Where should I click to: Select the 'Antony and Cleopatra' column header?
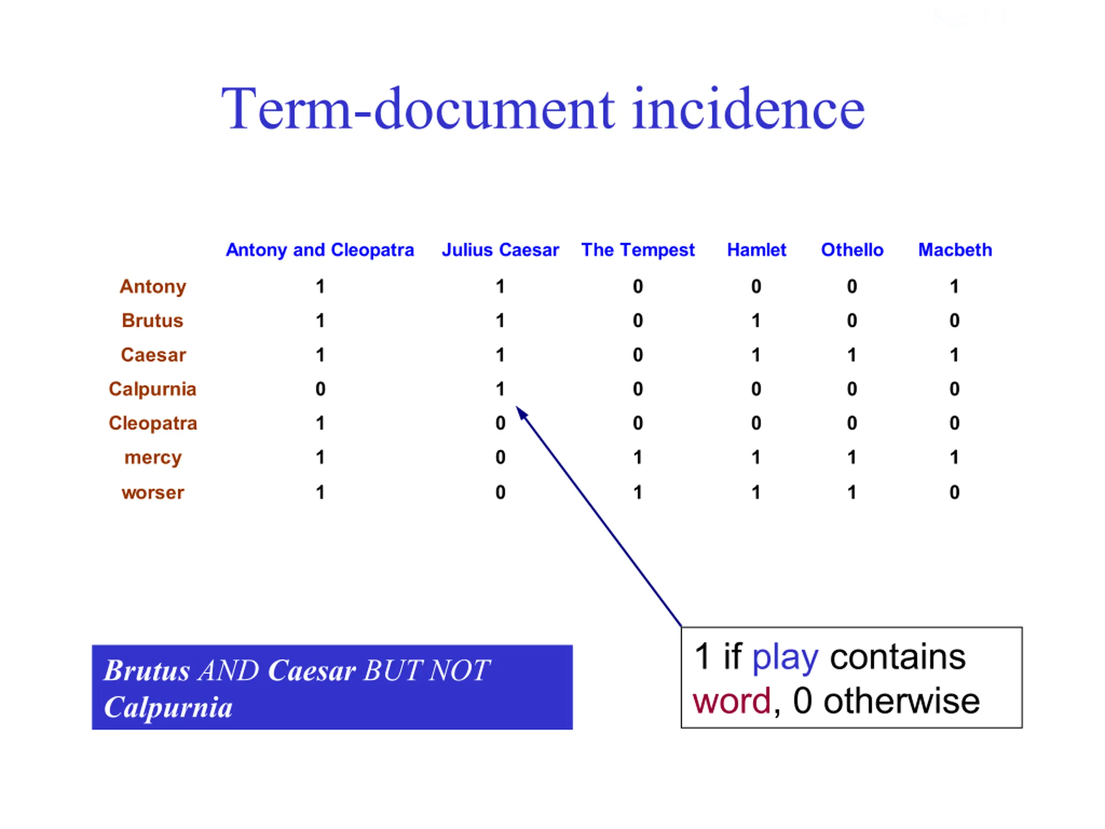[x=320, y=250]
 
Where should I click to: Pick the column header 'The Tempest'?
[x=638, y=250]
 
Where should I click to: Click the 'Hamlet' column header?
[x=756, y=250]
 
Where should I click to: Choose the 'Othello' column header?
[x=852, y=250]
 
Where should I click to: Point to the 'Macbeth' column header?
[x=955, y=250]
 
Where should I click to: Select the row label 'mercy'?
[x=153, y=458]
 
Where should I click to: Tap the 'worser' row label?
[x=153, y=493]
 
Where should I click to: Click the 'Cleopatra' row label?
[x=153, y=423]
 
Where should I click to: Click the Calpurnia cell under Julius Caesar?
[x=500, y=389]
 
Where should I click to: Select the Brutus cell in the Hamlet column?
[x=756, y=320]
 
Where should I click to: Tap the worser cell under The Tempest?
[x=638, y=492]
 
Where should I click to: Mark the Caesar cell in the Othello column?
[x=852, y=355]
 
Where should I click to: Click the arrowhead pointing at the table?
[x=521, y=412]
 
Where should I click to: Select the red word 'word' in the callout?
[x=732, y=701]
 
